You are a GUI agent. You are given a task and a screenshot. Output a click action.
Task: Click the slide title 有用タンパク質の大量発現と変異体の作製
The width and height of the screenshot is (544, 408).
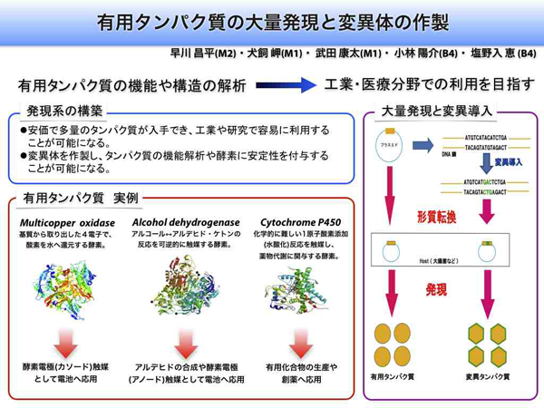click(272, 20)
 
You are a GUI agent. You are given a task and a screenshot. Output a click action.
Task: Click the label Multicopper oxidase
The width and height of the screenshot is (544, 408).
click(67, 222)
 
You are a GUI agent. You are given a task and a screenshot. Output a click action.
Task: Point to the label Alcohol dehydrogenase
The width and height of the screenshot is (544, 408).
click(186, 222)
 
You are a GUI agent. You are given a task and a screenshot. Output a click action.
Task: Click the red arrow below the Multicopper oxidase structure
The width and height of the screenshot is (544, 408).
click(67, 342)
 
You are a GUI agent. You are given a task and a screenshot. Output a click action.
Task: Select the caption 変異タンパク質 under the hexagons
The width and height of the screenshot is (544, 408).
click(487, 375)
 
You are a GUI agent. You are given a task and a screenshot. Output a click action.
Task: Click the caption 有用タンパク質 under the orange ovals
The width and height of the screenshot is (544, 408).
click(393, 375)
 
